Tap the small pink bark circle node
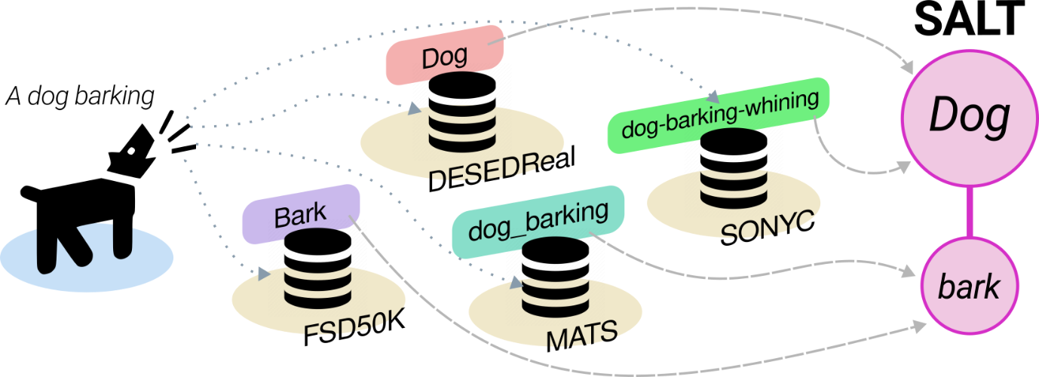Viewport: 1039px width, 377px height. (x=968, y=287)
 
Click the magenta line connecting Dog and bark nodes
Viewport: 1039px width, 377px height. (x=968, y=212)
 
